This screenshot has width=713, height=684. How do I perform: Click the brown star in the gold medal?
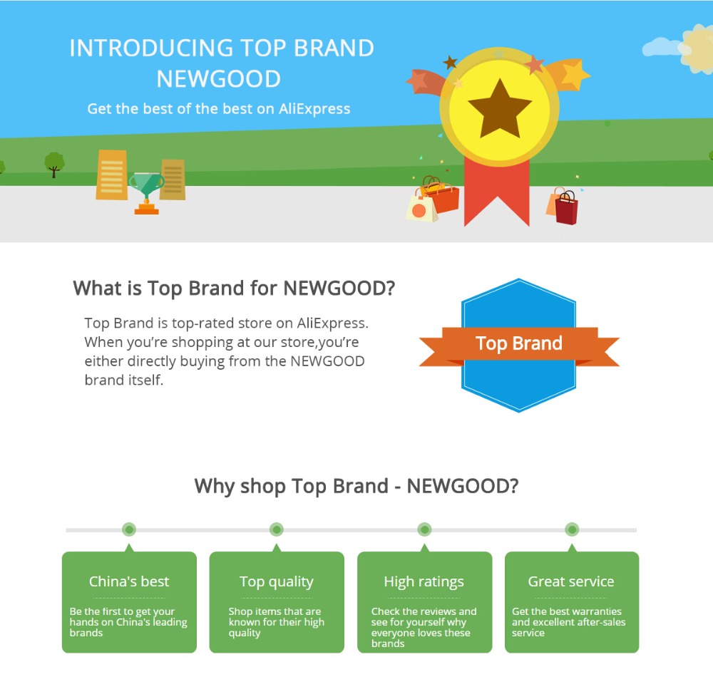(x=500, y=109)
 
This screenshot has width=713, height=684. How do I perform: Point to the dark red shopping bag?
(x=567, y=208)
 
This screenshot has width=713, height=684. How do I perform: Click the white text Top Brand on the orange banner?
(x=519, y=343)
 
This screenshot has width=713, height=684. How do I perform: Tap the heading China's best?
(x=129, y=581)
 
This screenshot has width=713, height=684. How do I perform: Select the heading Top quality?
(x=277, y=581)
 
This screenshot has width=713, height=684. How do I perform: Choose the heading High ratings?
(x=424, y=581)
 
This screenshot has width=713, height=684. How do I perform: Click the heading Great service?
(x=571, y=581)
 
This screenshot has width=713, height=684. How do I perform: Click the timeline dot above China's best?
(x=129, y=529)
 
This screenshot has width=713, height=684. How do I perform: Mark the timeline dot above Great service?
(x=572, y=529)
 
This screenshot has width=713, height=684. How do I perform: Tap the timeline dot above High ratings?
(x=424, y=529)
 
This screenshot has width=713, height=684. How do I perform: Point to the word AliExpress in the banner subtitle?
(x=314, y=108)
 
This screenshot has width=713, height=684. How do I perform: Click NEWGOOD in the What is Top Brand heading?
(x=339, y=288)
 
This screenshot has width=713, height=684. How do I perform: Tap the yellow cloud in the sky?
(x=698, y=49)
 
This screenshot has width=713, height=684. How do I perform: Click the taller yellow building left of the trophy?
(x=112, y=175)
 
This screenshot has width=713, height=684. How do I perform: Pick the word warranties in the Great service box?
(x=597, y=611)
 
